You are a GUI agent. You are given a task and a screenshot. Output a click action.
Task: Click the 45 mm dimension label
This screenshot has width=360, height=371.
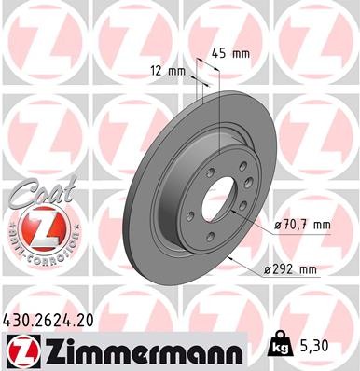(230, 53)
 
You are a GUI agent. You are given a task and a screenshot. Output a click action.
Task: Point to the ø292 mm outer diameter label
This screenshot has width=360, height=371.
(292, 270)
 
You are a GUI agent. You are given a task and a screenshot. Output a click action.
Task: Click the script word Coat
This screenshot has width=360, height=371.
(35, 195)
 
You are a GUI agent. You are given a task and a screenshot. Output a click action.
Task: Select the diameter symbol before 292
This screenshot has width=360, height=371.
(268, 270)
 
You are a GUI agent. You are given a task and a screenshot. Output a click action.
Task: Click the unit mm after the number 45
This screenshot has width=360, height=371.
(241, 53)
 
